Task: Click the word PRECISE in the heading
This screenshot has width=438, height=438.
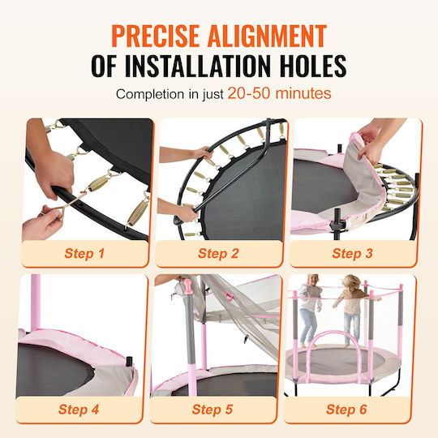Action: click(x=155, y=36)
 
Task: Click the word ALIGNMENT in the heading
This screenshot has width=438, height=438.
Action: click(x=267, y=36)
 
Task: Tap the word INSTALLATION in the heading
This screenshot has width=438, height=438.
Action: click(x=198, y=66)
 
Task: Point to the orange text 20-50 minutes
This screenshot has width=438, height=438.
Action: click(x=279, y=93)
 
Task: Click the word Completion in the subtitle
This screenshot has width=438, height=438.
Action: click(x=151, y=94)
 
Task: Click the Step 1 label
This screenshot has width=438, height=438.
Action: click(x=84, y=253)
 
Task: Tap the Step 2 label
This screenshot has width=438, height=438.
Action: click(x=218, y=253)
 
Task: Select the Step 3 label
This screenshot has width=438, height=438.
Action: click(x=353, y=253)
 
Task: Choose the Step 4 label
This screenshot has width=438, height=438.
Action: click(x=79, y=410)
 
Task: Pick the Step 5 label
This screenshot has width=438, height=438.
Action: click(x=213, y=410)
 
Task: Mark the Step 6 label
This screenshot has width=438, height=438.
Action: click(x=346, y=410)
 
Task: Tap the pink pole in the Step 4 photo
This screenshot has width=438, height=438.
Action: click(x=36, y=303)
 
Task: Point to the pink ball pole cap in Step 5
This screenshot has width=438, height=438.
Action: click(x=188, y=285)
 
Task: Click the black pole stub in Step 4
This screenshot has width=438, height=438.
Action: click(x=129, y=362)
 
